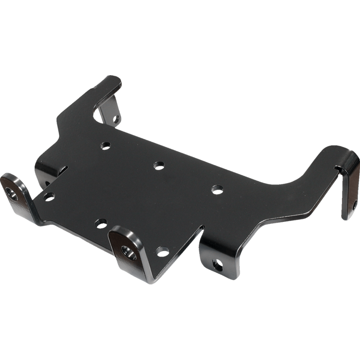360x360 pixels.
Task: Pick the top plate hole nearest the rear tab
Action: pyautogui.click(x=106, y=145)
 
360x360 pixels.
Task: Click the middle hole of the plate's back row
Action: pyautogui.click(x=158, y=165)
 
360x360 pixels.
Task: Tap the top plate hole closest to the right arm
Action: pyautogui.click(x=216, y=189)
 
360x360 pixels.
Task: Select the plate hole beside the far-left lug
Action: pyautogui.click(x=49, y=196)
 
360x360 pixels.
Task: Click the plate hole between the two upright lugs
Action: pyautogui.click(x=101, y=223)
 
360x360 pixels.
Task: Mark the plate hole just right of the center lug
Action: pyautogui.click(x=160, y=251)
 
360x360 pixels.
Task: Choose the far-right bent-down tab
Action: pyautogui.click(x=350, y=193)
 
